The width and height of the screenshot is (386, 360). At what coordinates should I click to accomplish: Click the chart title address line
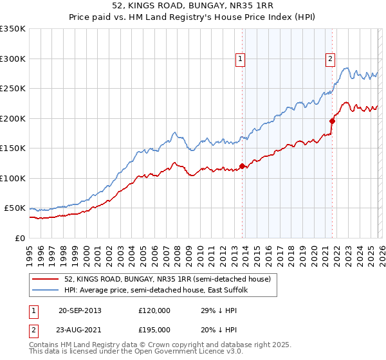tap(193, 6)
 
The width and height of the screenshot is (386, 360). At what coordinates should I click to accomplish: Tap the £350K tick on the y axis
tap(13, 29)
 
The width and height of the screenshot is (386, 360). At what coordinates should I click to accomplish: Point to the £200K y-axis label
tap(13, 118)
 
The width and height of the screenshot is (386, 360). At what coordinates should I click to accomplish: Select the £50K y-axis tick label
tap(15, 208)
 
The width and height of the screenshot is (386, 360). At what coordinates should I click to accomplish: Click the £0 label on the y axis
tap(20, 238)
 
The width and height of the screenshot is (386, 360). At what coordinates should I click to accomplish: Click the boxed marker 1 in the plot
tap(240, 59)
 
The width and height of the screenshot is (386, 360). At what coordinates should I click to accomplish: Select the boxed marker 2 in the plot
tap(330, 59)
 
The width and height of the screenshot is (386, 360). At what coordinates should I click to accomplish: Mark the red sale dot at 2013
tap(242, 166)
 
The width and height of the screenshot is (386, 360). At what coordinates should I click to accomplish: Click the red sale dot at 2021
tap(333, 121)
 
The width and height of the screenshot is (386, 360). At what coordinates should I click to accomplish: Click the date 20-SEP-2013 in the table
tap(80, 310)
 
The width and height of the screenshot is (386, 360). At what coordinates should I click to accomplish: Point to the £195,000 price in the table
tap(154, 329)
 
